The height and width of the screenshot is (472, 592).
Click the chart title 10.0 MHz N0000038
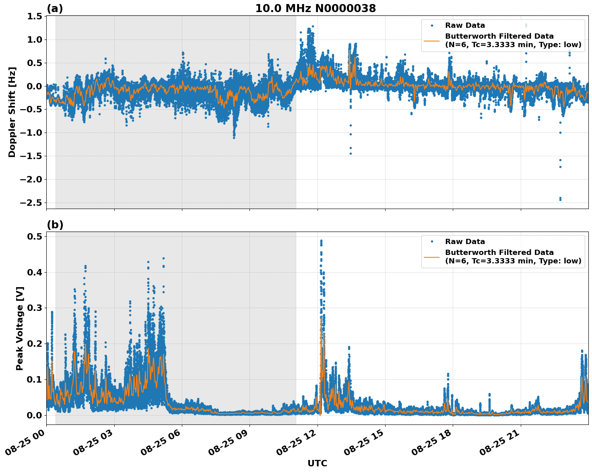point(316,8)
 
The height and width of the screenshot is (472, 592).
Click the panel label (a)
point(55,8)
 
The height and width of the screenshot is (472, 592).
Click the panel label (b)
point(55,225)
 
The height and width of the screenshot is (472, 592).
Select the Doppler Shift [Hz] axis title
point(12,112)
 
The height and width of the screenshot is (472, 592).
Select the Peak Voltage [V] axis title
point(20,328)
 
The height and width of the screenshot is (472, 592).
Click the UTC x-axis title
point(317,463)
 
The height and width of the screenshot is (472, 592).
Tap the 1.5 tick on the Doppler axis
point(35,16)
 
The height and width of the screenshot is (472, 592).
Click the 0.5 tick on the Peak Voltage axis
point(35,236)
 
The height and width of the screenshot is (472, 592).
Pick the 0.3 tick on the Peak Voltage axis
point(35,308)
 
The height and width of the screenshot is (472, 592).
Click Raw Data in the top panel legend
point(465,25)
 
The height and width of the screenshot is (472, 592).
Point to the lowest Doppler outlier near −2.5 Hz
point(560,199)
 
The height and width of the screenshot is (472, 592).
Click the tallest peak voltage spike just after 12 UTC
point(321,241)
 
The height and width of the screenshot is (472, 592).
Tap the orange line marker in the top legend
point(431,41)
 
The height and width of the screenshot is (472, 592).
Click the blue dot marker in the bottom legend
point(432,242)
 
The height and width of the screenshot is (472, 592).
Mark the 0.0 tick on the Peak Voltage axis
point(35,415)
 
